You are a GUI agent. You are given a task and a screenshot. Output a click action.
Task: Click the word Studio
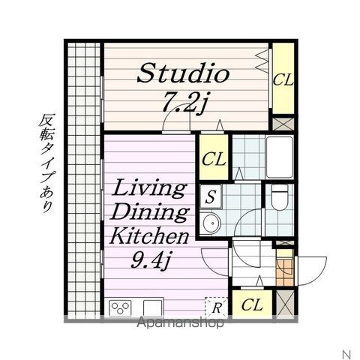point(183,74)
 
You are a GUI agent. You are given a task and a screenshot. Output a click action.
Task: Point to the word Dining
point(150,212)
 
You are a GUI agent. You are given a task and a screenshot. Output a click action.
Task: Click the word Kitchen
point(149,238)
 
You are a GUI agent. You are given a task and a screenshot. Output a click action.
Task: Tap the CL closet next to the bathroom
point(214,160)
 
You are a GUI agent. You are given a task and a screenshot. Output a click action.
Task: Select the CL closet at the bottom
point(252,305)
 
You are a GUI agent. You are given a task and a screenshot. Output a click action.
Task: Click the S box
point(212,196)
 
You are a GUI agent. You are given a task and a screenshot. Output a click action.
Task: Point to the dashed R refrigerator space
point(216,306)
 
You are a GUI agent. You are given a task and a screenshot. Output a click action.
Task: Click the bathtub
point(282,157)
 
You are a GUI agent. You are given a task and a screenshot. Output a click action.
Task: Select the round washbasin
point(211,223)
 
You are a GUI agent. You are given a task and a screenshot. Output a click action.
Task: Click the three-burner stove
point(121,307)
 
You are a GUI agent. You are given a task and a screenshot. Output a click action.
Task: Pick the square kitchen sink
point(153,307)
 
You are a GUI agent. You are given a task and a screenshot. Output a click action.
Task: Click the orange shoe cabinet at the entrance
point(283,268)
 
